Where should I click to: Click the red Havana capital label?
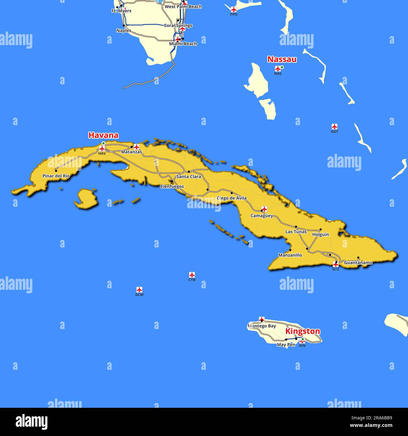tap(103, 135)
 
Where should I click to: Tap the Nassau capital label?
tap(282, 59)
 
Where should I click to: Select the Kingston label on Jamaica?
tap(303, 331)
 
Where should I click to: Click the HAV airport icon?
tap(102, 148)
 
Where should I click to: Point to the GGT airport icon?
tap(335, 127)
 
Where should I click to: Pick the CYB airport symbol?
tap(192, 275)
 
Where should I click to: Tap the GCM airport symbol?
tap(139, 290)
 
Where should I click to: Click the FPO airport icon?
tap(234, 9)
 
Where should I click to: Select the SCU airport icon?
tap(336, 264)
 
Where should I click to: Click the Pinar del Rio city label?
tap(56, 176)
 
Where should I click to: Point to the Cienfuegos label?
tap(172, 186)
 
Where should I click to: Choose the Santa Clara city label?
tap(189, 177)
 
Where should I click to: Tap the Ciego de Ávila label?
tap(232, 198)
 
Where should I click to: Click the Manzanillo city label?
tap(290, 255)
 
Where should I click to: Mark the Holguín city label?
tap(320, 234)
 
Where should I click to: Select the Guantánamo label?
tap(358, 263)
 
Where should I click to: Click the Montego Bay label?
tap(262, 326)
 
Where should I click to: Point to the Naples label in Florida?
tap(124, 31)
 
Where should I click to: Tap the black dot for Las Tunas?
tap(296, 226)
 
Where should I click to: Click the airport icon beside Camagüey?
tap(264, 209)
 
